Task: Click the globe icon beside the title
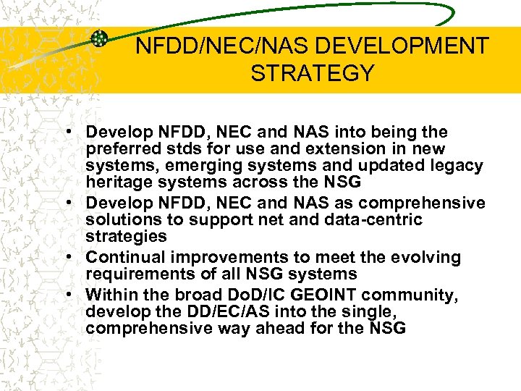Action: [100, 38]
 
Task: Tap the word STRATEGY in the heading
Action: [313, 73]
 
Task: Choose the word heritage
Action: [118, 182]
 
